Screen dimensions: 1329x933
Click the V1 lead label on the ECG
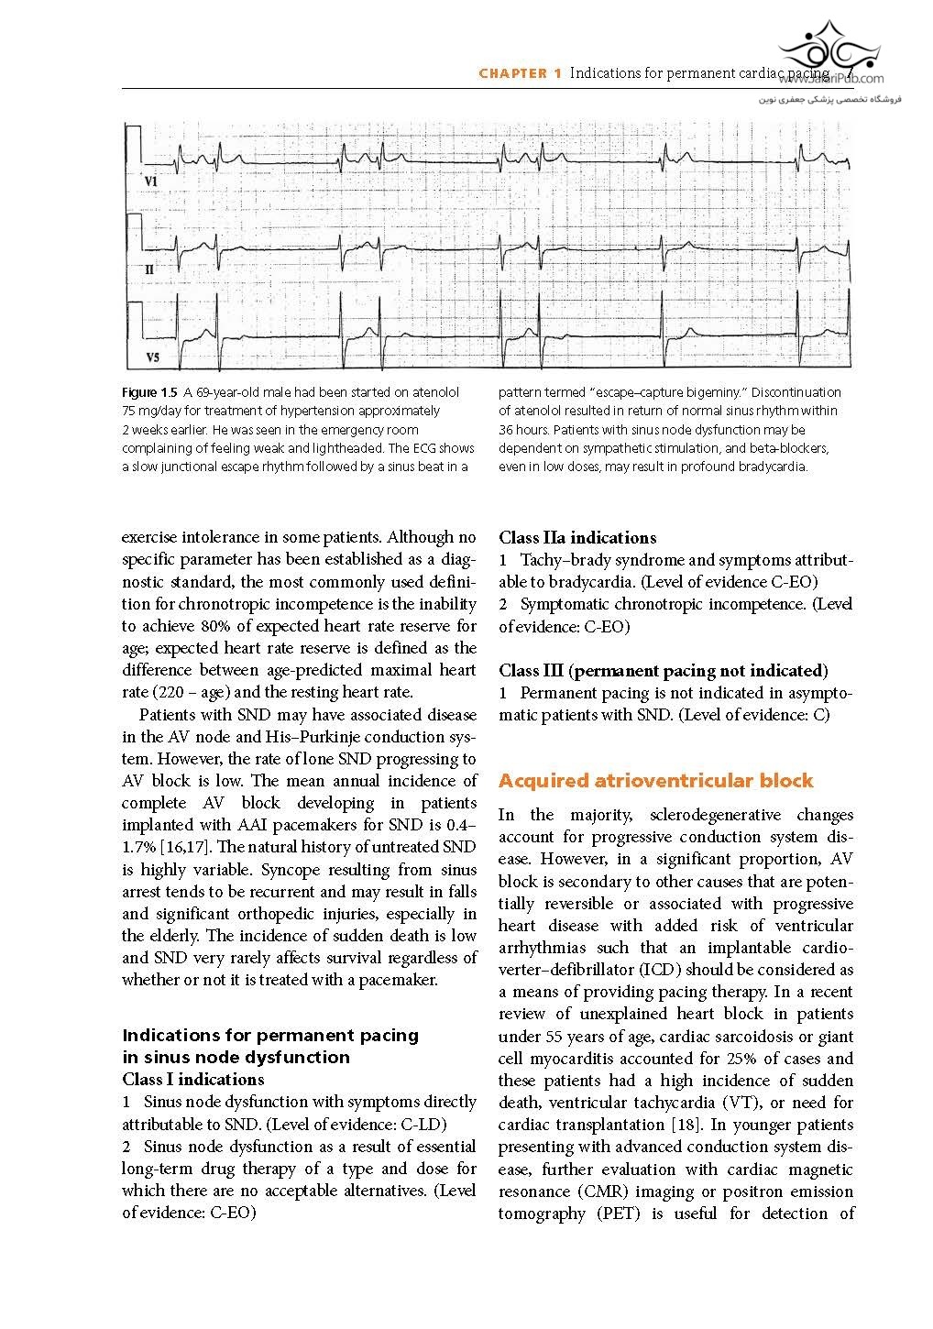(x=151, y=182)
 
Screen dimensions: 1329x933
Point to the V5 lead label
(x=152, y=357)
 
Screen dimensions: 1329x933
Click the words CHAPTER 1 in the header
(x=520, y=73)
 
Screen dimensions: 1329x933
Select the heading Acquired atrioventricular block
(x=655, y=781)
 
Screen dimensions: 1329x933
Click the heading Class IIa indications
(x=577, y=538)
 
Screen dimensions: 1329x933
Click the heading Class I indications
(x=192, y=1080)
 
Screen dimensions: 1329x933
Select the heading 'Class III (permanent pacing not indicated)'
(x=664, y=671)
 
